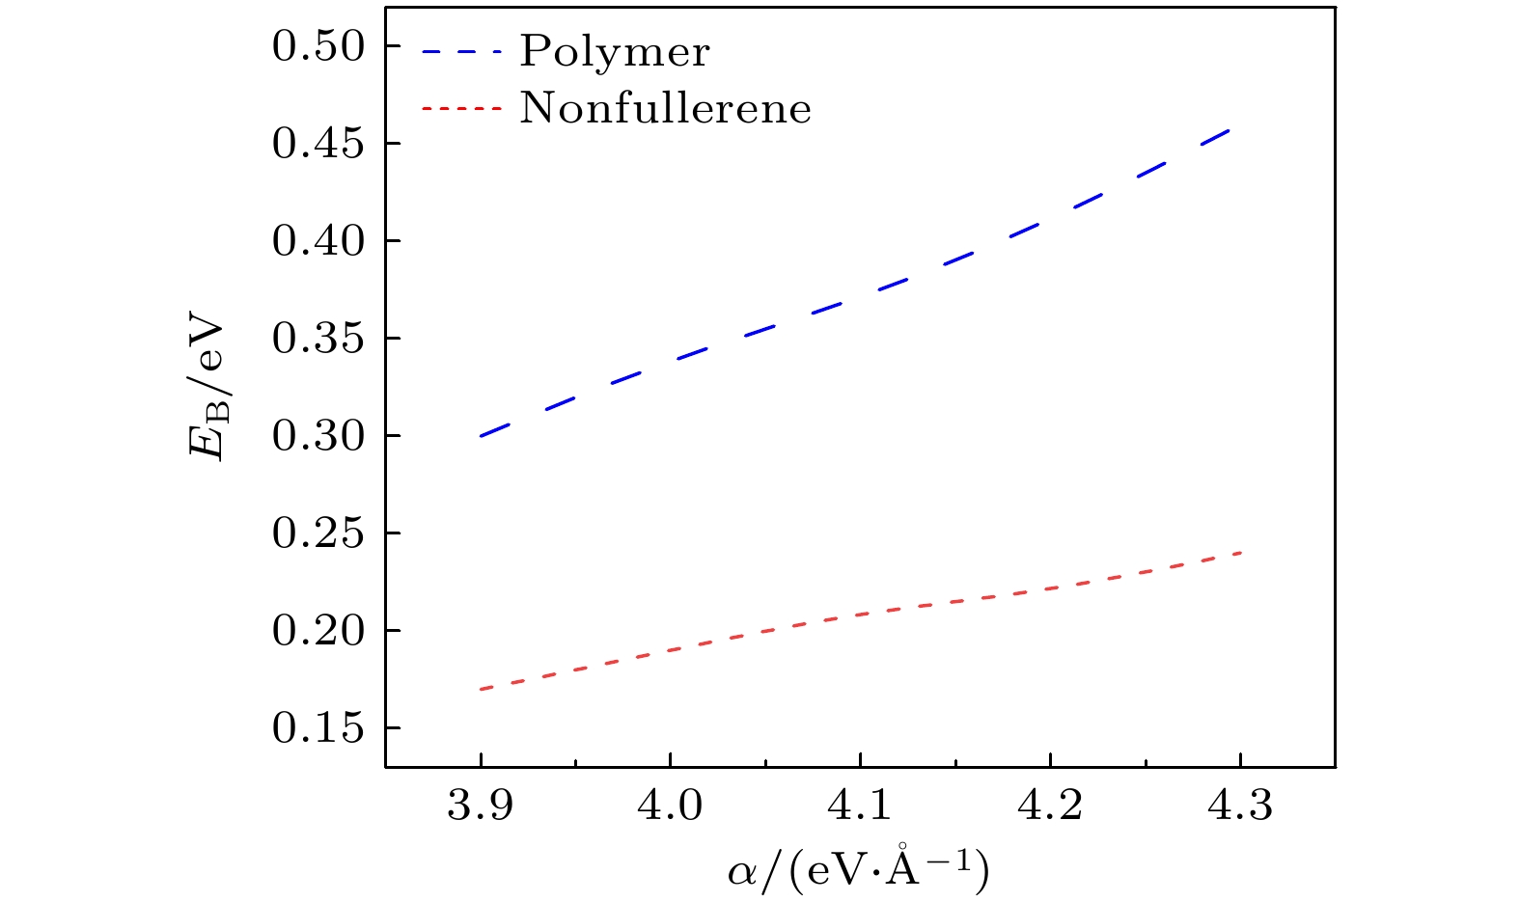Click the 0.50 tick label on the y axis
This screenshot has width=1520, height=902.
318,47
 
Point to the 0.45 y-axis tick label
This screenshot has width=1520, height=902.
318,145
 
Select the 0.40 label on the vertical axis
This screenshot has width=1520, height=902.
318,242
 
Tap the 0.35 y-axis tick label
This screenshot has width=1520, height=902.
318,340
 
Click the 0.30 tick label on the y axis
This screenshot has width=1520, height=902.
318,437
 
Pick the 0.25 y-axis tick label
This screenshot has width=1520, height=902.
318,534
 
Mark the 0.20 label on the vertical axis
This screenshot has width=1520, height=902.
318,632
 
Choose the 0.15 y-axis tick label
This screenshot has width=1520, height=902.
318,729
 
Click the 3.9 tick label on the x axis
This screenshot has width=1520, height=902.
480,806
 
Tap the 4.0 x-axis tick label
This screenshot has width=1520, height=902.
670,806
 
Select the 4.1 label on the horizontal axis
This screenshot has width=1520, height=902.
860,806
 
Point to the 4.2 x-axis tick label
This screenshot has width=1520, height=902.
1050,806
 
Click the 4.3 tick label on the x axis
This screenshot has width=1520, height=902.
1240,806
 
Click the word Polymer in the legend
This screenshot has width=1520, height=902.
615,52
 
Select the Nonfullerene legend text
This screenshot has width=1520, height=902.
666,108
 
